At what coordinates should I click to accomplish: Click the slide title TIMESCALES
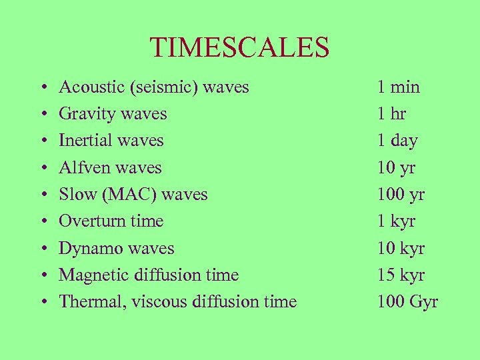[239, 47]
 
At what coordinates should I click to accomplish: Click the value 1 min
[398, 87]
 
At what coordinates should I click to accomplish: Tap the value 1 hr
[391, 114]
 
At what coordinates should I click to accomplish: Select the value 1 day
[397, 141]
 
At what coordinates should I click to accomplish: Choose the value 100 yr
[401, 195]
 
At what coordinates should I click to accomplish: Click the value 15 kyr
[401, 275]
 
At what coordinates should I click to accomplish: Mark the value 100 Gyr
[407, 301]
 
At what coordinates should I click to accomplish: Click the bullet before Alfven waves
[43, 168]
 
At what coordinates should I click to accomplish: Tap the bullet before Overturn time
[43, 222]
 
